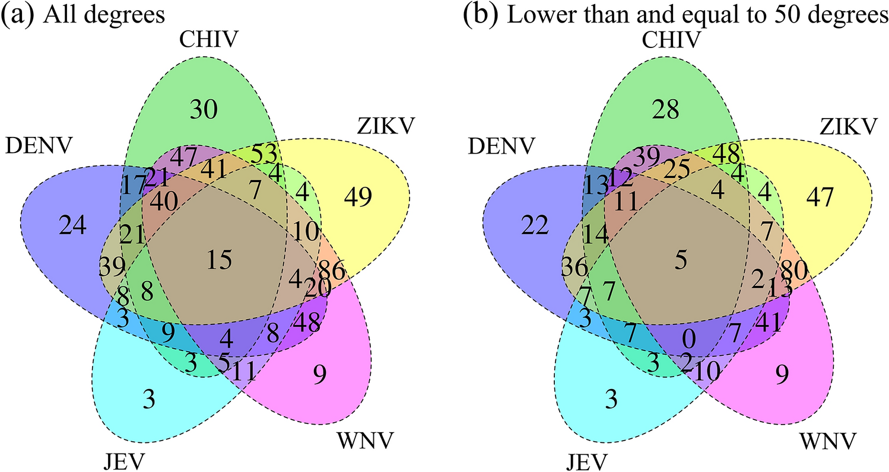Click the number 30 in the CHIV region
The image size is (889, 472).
click(x=204, y=110)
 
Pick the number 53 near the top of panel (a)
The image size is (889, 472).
click(x=263, y=154)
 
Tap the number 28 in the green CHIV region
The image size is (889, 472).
click(x=667, y=109)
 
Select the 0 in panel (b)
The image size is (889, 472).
click(x=688, y=339)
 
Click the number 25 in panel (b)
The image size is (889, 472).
click(x=678, y=171)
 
